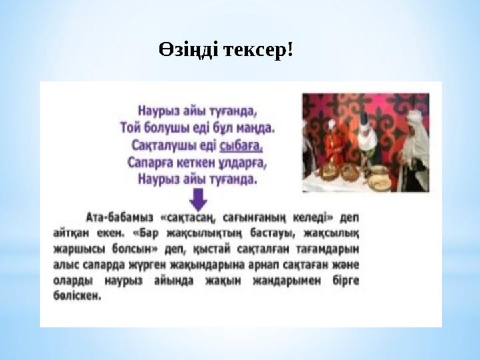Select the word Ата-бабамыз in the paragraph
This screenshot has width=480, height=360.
117,217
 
